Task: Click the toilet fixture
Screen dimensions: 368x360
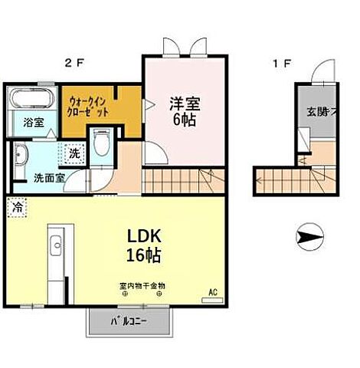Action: coord(100,142)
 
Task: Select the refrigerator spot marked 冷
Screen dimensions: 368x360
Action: coord(16,206)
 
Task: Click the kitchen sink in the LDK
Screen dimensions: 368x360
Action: coord(54,247)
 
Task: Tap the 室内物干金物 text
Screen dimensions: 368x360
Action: coord(142,286)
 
